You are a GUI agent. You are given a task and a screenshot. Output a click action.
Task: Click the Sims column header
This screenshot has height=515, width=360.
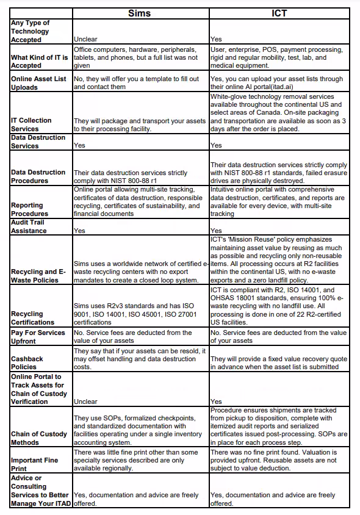click(x=140, y=13)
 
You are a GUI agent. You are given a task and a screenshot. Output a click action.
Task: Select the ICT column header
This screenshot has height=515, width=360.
click(x=279, y=13)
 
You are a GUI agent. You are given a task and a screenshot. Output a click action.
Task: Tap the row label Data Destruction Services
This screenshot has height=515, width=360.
click(x=38, y=142)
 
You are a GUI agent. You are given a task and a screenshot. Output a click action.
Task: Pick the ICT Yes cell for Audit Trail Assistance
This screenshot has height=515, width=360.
click(x=216, y=231)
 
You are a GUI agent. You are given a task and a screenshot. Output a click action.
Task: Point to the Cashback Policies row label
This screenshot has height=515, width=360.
click(x=27, y=363)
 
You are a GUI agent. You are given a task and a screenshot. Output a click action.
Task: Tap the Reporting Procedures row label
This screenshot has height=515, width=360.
click(x=29, y=209)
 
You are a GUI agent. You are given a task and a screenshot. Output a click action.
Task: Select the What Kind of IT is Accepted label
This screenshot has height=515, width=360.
click(x=40, y=61)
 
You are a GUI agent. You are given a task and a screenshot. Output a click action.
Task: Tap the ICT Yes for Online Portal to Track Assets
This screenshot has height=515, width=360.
click(x=216, y=402)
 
